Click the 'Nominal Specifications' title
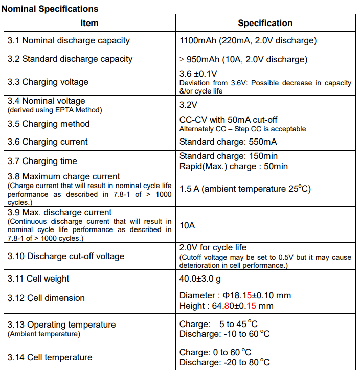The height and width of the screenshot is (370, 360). [x=50, y=9]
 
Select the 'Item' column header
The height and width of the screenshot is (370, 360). [x=89, y=23]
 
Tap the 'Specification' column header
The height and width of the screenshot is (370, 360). [x=265, y=23]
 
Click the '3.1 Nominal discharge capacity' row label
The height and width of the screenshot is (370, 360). [x=69, y=40]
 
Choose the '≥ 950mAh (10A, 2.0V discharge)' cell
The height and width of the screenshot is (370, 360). [x=243, y=59]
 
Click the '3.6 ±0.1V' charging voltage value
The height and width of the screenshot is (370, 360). [x=198, y=74]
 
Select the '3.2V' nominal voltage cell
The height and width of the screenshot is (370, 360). [x=188, y=105]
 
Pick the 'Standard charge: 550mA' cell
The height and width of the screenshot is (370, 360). [x=228, y=142]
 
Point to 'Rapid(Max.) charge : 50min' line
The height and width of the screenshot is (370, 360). [x=234, y=166]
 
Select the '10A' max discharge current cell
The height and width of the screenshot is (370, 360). [x=187, y=225]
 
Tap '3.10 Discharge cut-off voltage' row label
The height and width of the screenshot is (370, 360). [x=66, y=256]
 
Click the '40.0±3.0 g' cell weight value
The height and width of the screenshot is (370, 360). [x=201, y=279]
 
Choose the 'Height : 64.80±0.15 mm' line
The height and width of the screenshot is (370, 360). [x=227, y=306]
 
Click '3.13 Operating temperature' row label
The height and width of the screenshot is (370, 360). [x=62, y=325]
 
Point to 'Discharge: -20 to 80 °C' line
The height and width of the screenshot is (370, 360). [x=224, y=362]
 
